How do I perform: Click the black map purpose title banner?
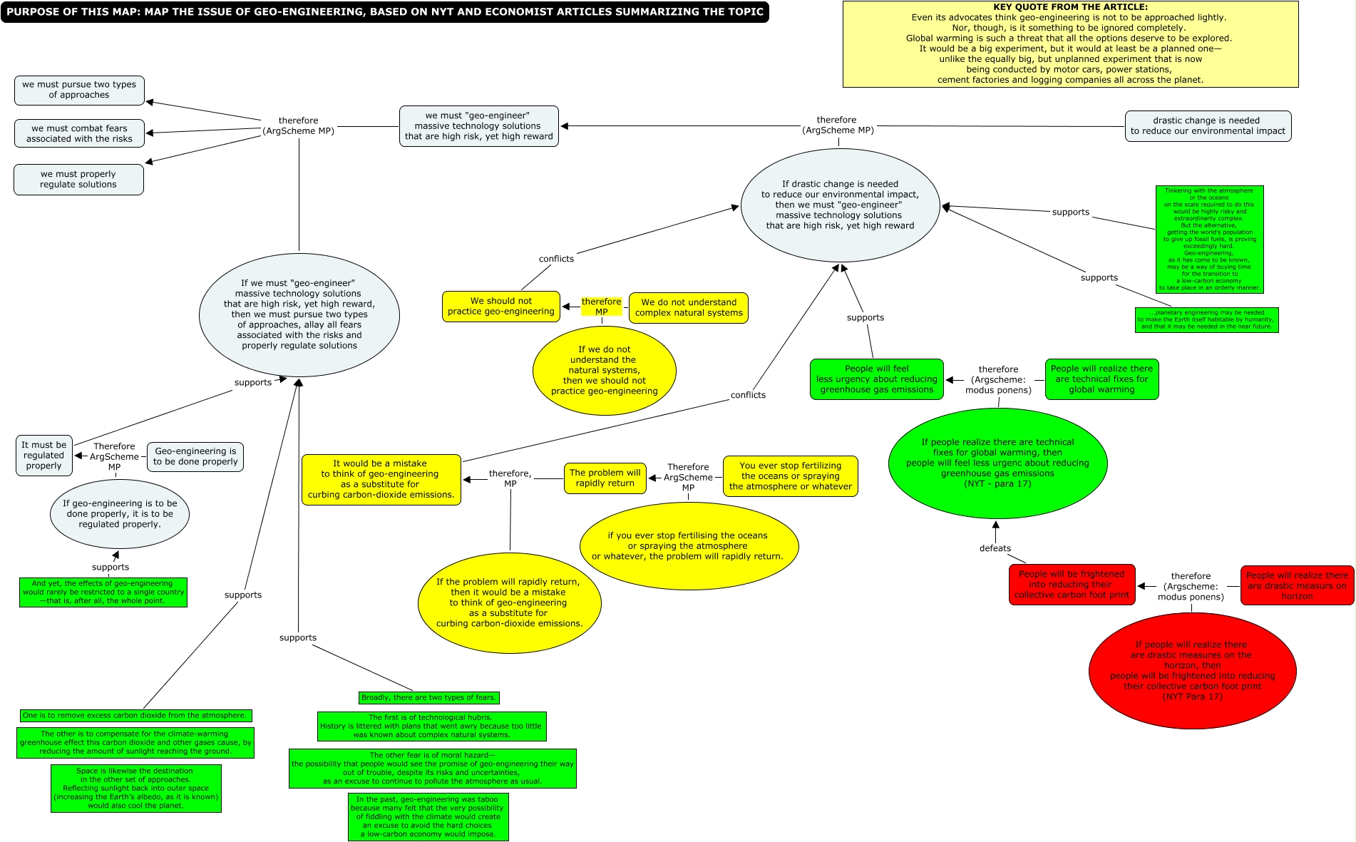tap(385, 12)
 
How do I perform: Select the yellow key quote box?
tap(1070, 44)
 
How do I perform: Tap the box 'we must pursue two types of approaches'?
tap(79, 90)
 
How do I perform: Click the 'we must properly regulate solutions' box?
tap(78, 179)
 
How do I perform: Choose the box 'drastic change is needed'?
tap(1207, 126)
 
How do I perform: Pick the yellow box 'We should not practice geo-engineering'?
tap(500, 307)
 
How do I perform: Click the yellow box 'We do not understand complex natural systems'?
tap(688, 307)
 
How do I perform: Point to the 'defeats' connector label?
tap(995, 548)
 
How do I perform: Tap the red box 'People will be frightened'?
tap(1071, 585)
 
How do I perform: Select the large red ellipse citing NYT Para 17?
tap(1192, 671)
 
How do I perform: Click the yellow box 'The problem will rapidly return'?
tap(605, 478)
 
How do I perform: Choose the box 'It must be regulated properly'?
tap(43, 456)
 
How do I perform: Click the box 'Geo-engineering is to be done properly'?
tap(195, 456)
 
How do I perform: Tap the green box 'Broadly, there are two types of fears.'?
tap(428, 697)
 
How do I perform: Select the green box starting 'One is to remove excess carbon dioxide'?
tap(135, 715)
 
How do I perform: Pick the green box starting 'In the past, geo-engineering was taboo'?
tap(428, 817)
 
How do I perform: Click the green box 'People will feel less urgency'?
tap(876, 379)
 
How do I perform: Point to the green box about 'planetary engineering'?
tap(1206, 320)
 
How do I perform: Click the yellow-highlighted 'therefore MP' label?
tap(601, 307)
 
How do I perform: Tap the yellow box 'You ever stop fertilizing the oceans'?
tap(790, 476)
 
